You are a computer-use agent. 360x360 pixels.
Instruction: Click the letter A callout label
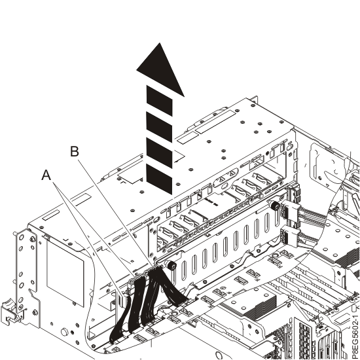tap(46, 175)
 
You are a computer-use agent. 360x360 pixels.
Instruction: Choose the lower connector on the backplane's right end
tap(292, 237)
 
